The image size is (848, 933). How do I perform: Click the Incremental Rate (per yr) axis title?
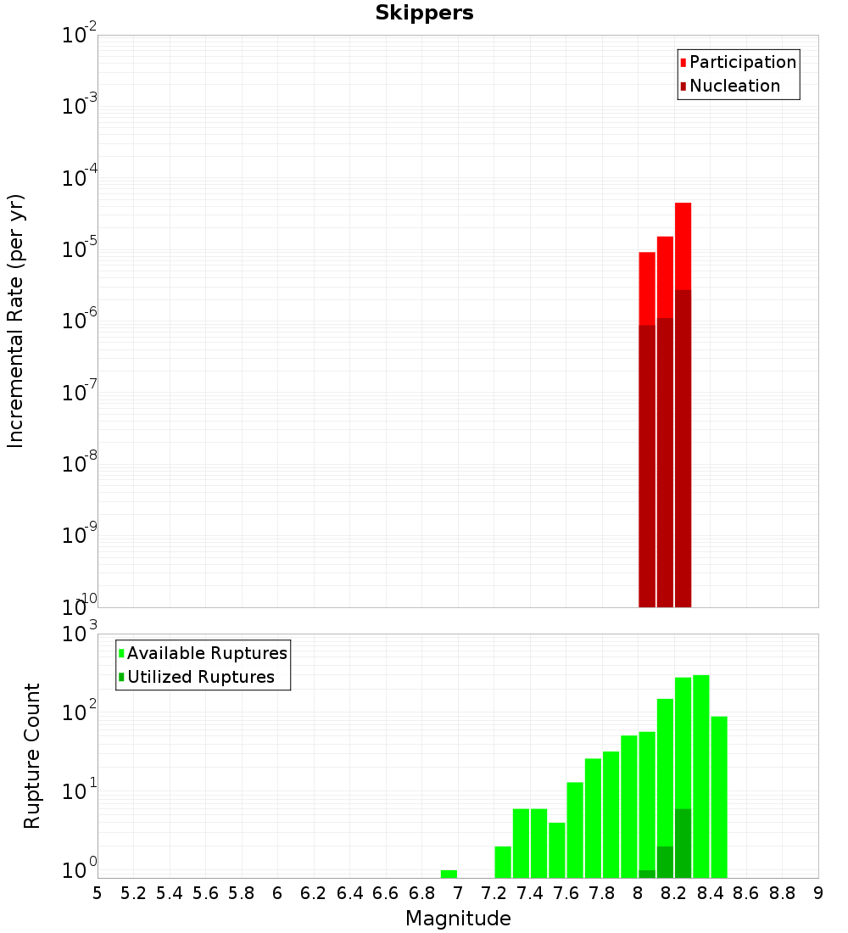pyautogui.click(x=16, y=321)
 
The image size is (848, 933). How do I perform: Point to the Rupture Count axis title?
pyautogui.click(x=32, y=755)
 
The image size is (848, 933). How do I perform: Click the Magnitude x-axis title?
pyautogui.click(x=458, y=919)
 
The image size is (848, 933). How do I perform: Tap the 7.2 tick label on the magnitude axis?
pyautogui.click(x=494, y=893)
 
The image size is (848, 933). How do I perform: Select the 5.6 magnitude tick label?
pyautogui.click(x=205, y=893)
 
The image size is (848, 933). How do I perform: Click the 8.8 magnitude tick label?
pyautogui.click(x=782, y=893)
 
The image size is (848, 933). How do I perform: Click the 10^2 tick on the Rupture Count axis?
pyautogui.click(x=81, y=712)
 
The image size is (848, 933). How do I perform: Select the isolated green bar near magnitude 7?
pyautogui.click(x=449, y=874)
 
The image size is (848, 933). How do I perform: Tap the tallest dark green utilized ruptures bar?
pyautogui.click(x=683, y=844)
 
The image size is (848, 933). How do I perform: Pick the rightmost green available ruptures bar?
pyautogui.click(x=719, y=797)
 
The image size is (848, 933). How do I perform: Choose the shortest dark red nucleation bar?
pyautogui.click(x=647, y=466)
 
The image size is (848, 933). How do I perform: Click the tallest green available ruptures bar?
pyautogui.click(x=700, y=776)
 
